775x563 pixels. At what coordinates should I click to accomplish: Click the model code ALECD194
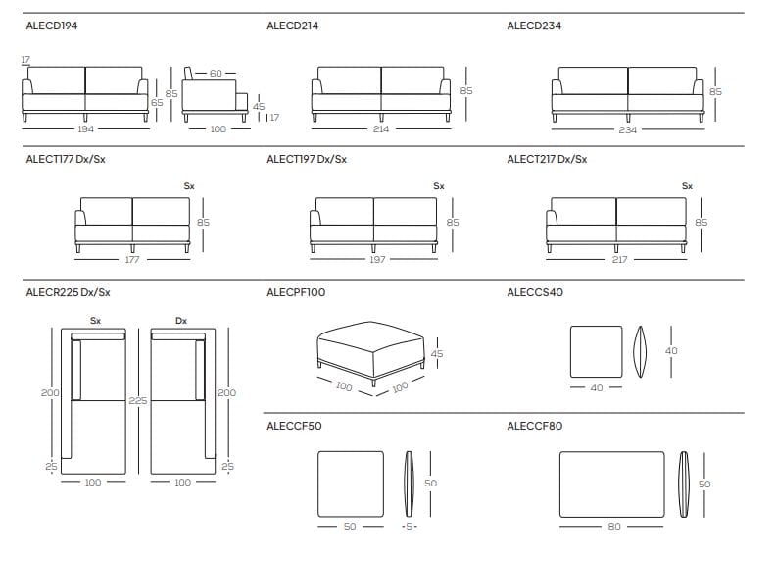[51, 26]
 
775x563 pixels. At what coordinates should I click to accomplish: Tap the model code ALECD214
[292, 26]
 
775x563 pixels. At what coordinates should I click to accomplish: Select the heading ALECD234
[533, 26]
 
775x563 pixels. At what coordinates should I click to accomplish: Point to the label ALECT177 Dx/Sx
[65, 159]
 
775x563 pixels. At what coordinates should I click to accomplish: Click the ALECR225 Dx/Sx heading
[68, 292]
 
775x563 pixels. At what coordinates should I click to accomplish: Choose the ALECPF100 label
[296, 292]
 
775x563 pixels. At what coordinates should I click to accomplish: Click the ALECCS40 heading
[535, 292]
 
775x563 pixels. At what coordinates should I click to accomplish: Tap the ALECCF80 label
[535, 427]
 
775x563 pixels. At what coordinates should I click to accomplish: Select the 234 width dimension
[627, 129]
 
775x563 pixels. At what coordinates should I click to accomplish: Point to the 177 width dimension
[132, 260]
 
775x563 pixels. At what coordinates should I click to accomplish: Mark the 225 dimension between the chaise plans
[138, 400]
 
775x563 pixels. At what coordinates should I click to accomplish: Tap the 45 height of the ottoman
[437, 353]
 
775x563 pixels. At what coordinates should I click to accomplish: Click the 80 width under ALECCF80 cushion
[613, 527]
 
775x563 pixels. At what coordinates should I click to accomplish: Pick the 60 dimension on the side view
[217, 74]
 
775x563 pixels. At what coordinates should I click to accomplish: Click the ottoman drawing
[368, 348]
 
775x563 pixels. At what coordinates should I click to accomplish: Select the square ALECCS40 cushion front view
[596, 351]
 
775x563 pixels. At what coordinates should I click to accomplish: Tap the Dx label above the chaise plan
[181, 320]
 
